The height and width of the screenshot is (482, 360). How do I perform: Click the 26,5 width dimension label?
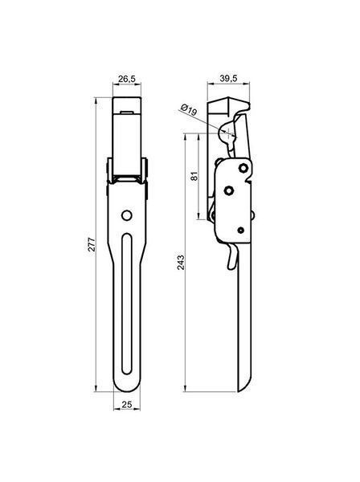(127, 79)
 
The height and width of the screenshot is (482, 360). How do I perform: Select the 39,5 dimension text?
(228, 79)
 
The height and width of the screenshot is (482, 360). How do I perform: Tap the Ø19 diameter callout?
(189, 110)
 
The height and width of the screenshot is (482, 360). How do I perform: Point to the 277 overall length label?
(92, 244)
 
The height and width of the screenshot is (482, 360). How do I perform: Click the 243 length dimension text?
(181, 263)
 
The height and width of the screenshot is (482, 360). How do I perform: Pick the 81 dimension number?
(195, 177)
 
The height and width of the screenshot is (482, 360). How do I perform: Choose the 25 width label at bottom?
(127, 405)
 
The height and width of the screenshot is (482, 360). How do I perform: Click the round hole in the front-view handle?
(127, 215)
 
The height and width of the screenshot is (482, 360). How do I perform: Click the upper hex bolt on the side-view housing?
(243, 168)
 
